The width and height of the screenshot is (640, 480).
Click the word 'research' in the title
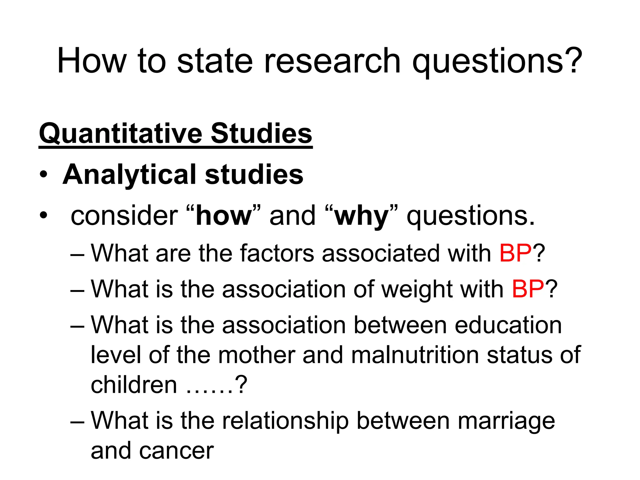coord(332,61)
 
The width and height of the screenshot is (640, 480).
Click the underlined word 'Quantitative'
coord(120,134)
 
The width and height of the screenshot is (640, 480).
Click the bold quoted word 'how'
coord(223,216)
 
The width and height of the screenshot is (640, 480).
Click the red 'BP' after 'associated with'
coord(515,253)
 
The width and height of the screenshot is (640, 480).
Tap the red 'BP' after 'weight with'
coord(528,289)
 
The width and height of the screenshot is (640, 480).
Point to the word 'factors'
coord(277,253)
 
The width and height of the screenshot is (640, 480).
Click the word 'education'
coord(508,325)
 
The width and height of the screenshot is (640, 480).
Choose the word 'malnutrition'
coord(415,355)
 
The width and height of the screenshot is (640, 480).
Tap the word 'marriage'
coord(506,421)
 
